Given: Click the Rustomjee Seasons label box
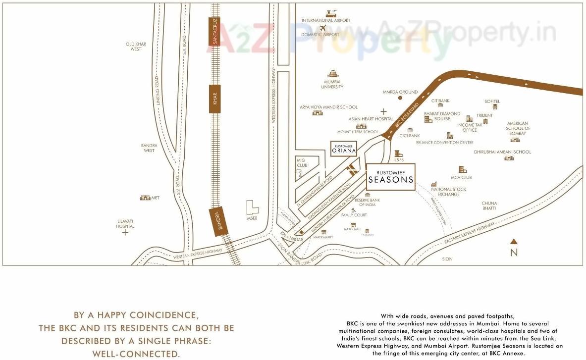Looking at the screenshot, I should tap(391, 176).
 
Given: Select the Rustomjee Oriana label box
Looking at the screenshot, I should tap(344, 149).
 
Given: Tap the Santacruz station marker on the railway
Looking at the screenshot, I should tap(214, 31).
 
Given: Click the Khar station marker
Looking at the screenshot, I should tap(215, 99).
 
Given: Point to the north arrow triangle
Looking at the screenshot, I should tap(514, 242).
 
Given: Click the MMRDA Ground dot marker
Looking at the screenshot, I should tap(400, 98).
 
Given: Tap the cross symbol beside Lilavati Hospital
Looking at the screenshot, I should tap(125, 232).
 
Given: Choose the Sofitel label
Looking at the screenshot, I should tap(492, 101).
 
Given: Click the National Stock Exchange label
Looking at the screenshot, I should tap(448, 192).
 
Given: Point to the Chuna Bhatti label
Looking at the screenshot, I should tap(489, 206).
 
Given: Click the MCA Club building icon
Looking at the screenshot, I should tap(462, 170).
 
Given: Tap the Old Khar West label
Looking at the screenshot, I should tap(136, 47).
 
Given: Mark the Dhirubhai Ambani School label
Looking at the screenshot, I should tap(502, 152).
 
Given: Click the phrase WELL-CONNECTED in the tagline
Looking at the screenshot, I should tap(136, 354).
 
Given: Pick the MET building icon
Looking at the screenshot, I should tap(145, 198).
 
